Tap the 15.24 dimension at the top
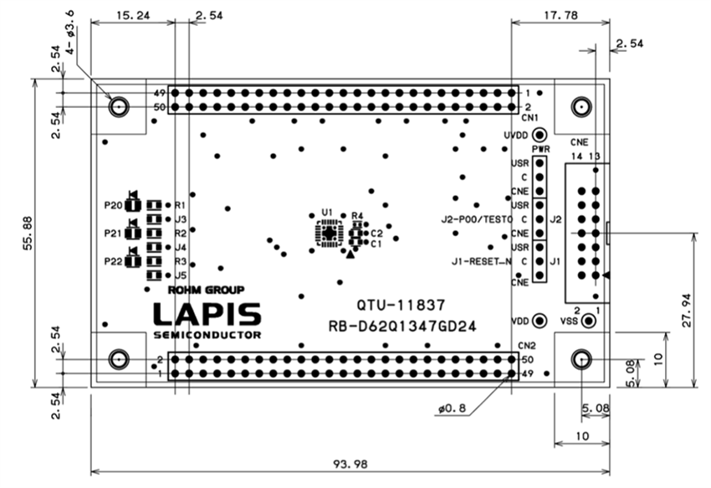point(131,15)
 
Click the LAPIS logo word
point(207,314)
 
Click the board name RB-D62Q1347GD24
point(404,326)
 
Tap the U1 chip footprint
point(329,234)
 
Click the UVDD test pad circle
point(540,135)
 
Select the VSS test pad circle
point(589,321)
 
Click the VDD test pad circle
point(540,321)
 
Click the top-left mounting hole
point(119,106)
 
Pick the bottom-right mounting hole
point(581,359)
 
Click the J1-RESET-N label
point(480,262)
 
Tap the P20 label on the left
point(112,205)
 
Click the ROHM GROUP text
point(207,290)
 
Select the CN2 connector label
point(526,345)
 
